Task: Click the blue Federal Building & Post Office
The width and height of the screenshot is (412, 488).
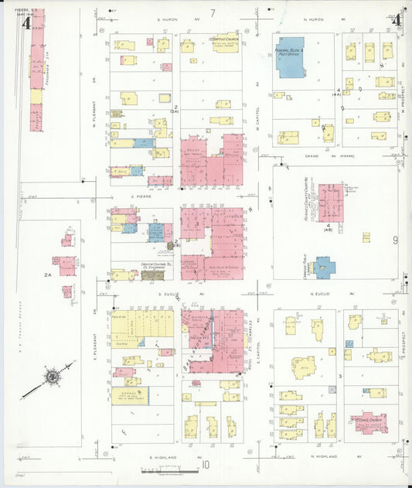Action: click(291, 58)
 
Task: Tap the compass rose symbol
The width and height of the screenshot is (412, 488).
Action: click(52, 377)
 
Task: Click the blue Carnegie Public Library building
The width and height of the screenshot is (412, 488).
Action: click(323, 267)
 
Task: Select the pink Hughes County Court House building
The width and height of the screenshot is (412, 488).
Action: click(332, 202)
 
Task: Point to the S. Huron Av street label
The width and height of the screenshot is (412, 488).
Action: click(179, 19)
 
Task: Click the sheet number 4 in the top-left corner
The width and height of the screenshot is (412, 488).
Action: click(26, 22)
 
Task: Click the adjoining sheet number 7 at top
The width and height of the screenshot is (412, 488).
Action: click(212, 12)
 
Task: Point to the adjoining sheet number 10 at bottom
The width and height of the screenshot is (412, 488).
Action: click(206, 466)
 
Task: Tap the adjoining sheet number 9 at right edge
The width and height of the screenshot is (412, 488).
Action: click(395, 240)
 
